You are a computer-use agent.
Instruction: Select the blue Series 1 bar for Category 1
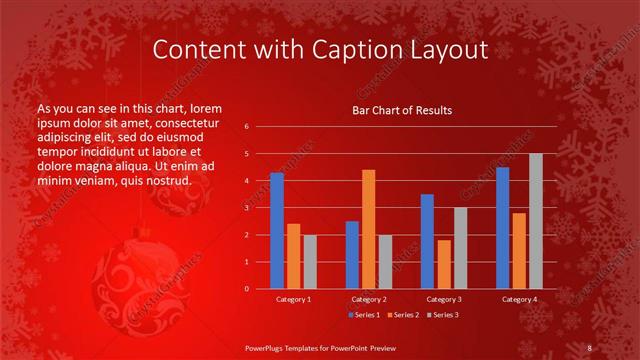[x=277, y=231]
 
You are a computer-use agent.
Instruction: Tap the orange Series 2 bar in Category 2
[x=369, y=229]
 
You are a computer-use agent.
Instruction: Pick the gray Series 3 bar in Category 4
[x=536, y=221]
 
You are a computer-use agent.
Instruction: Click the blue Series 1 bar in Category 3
[x=427, y=241]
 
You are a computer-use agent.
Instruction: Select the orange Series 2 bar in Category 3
[x=444, y=264]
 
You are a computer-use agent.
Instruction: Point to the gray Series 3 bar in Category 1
[x=310, y=262]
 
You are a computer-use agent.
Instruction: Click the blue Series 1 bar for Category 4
[x=502, y=228]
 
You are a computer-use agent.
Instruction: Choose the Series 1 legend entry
[x=365, y=315]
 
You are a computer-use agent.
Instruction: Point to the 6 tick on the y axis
[x=246, y=127]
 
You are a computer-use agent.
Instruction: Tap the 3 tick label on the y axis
[x=246, y=208]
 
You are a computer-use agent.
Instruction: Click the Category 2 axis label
[x=368, y=299]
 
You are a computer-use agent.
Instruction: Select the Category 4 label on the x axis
[x=518, y=299]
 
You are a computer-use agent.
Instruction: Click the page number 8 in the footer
[x=590, y=347]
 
